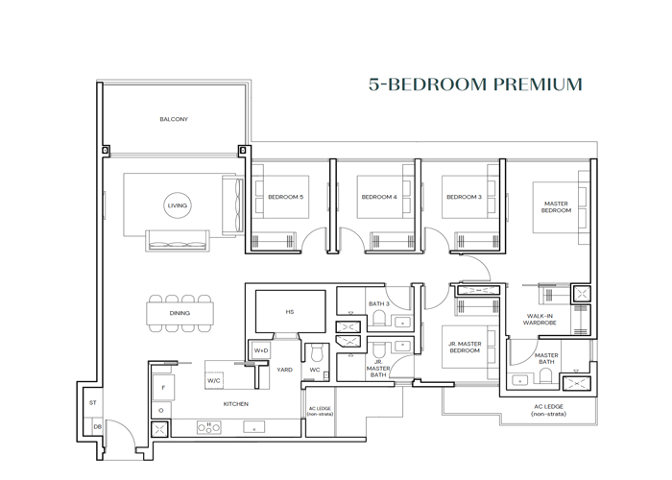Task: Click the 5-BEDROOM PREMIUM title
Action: (x=475, y=84)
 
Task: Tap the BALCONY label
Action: (x=174, y=119)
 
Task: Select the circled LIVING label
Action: (x=178, y=205)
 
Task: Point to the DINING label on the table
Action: (x=180, y=313)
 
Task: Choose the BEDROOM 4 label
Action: (x=379, y=197)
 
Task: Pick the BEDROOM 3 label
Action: (x=464, y=197)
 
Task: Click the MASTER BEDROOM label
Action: (x=556, y=206)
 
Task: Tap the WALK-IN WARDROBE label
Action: (x=541, y=319)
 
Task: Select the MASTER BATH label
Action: (x=546, y=358)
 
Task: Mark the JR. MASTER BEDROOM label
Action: (x=465, y=347)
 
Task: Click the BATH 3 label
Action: (x=377, y=303)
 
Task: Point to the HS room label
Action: (x=290, y=312)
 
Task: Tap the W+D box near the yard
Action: (x=260, y=351)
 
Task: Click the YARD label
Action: (x=285, y=370)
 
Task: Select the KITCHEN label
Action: (x=236, y=404)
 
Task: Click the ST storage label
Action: (x=93, y=403)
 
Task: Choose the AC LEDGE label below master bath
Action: (x=548, y=410)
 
